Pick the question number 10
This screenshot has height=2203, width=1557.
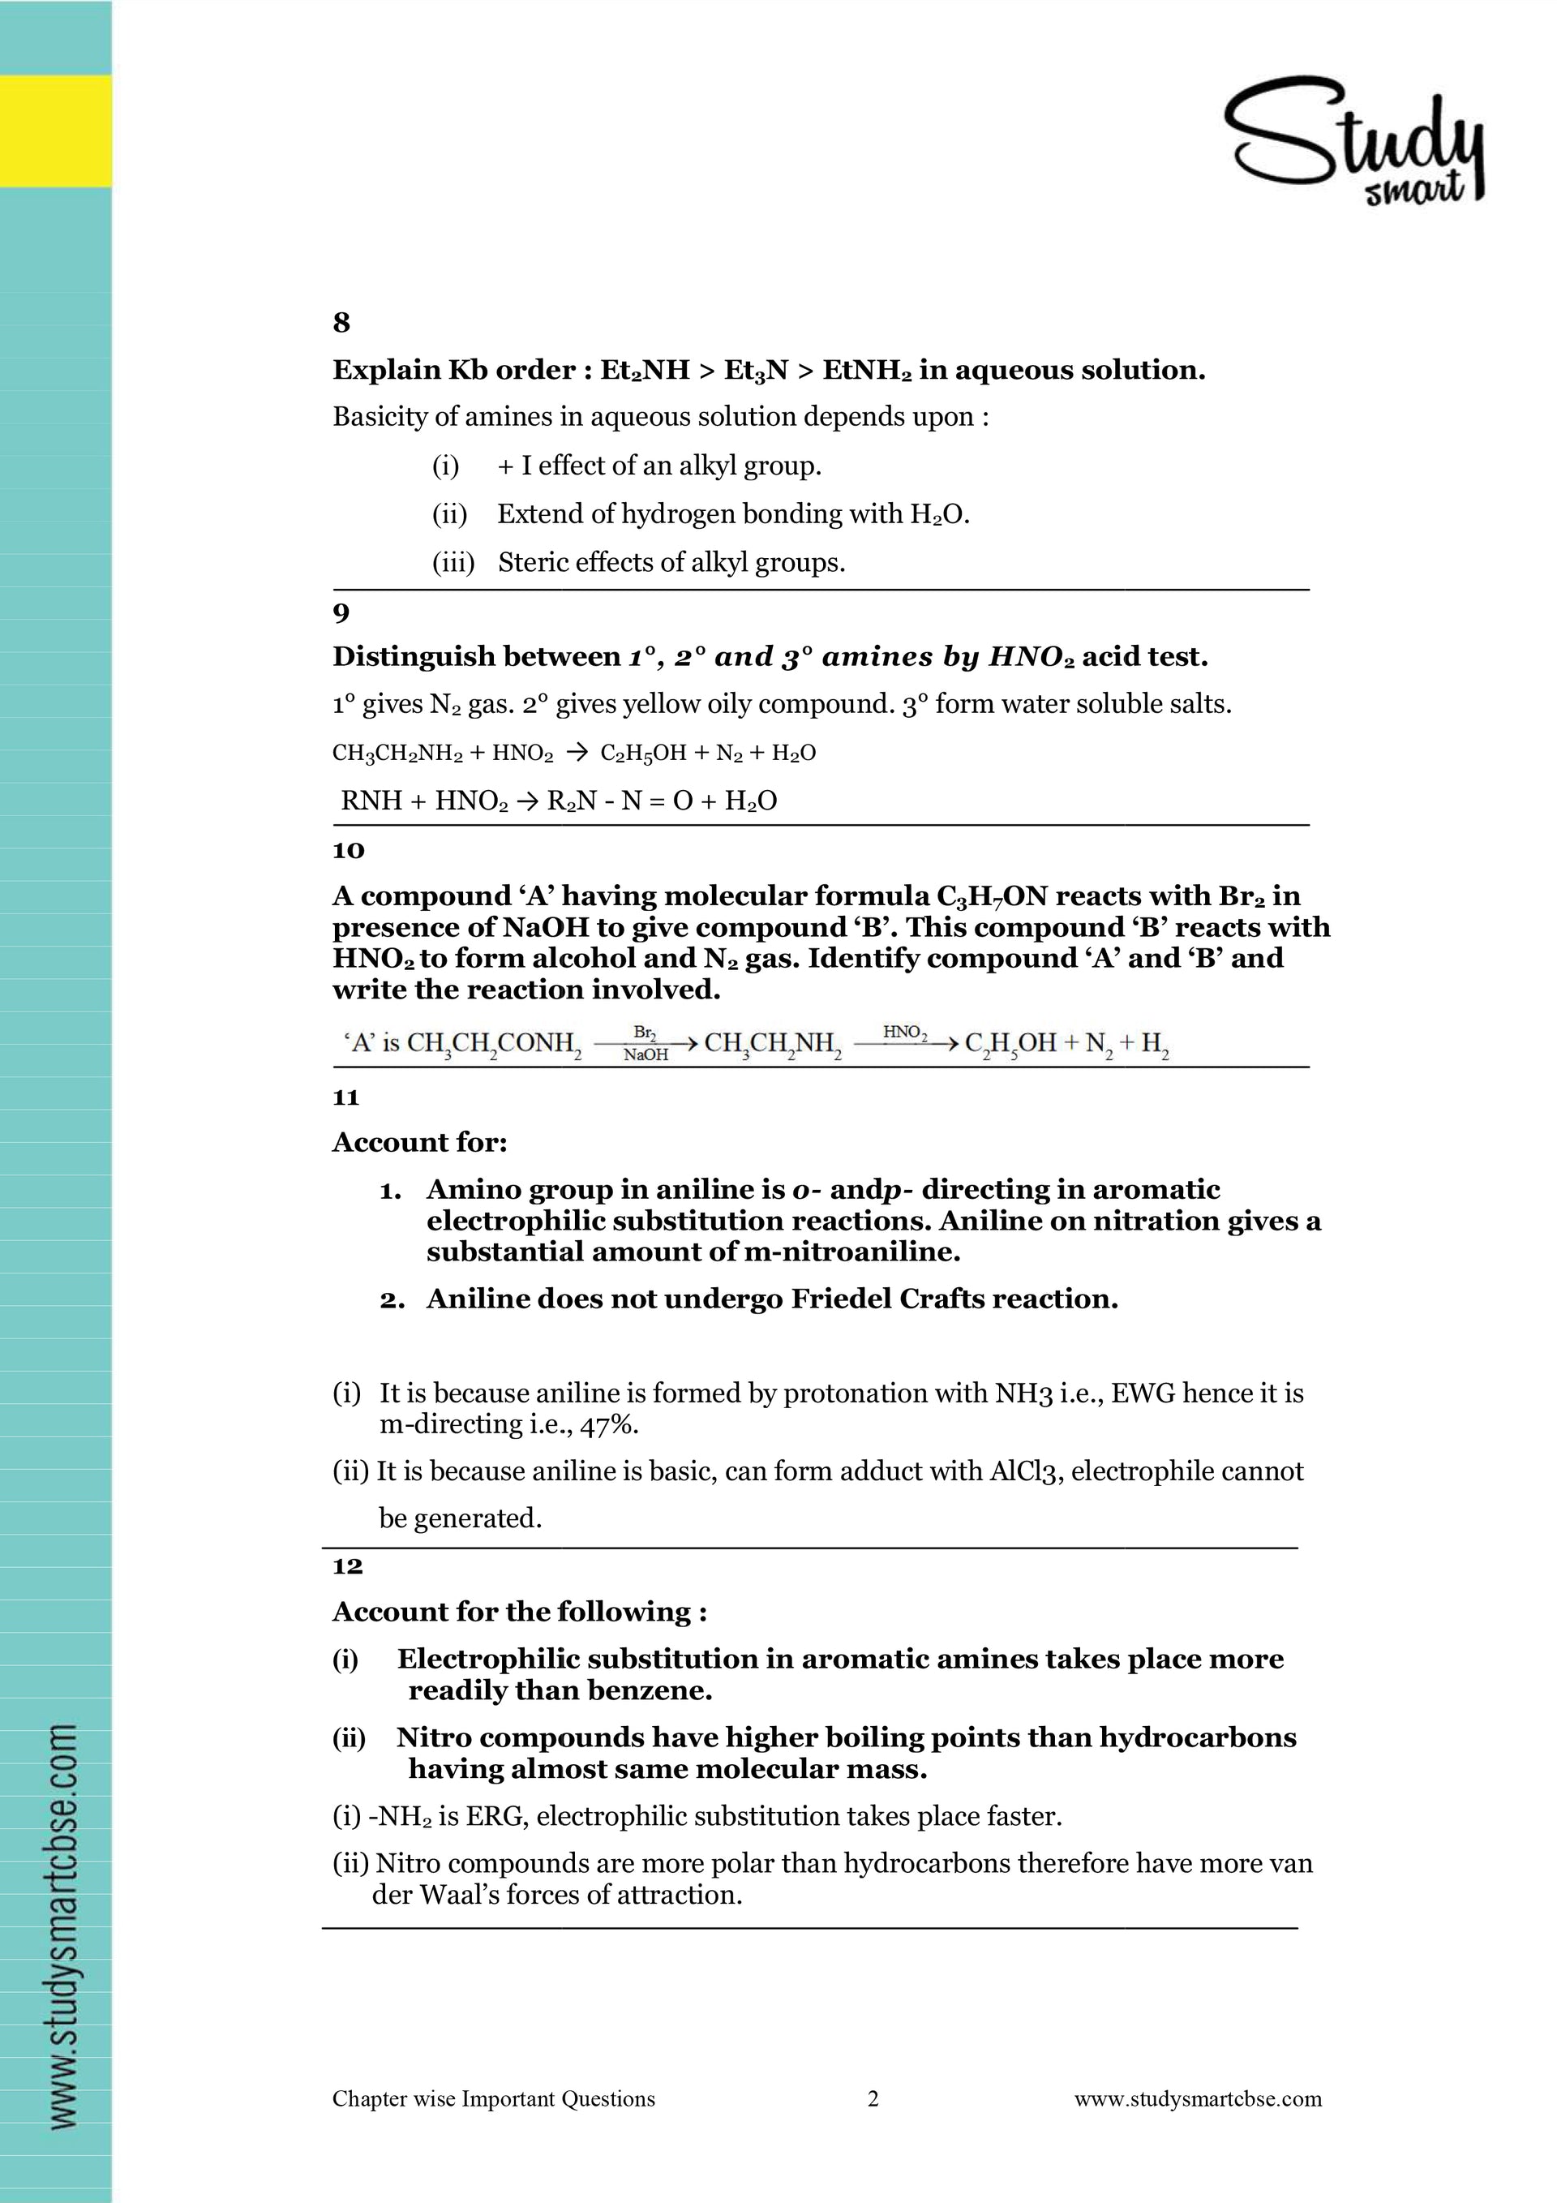coord(348,850)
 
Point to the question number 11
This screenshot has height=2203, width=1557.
coord(345,1097)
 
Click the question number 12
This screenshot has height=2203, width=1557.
coord(347,1566)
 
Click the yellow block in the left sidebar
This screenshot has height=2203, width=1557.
coord(56,131)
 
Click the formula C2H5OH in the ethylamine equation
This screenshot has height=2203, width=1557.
coord(643,754)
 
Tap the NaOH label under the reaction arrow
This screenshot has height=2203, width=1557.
coord(646,1055)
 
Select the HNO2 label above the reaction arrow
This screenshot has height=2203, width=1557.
coord(905,1033)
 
